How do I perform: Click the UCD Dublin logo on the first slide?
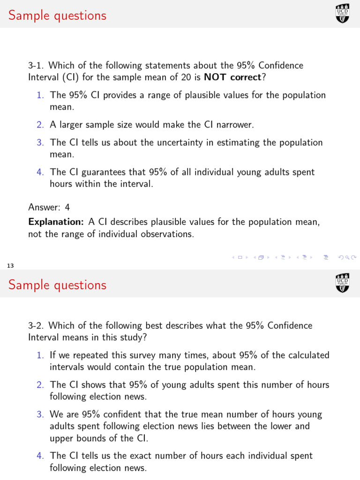click(343, 13)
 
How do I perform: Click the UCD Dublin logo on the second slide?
click(343, 283)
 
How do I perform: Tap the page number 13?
click(10, 266)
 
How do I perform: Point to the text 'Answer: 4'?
click(49, 207)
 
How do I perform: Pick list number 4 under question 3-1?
click(40, 172)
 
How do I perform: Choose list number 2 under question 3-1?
click(40, 125)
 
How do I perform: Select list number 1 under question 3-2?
click(40, 355)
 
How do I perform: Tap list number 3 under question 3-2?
click(40, 414)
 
